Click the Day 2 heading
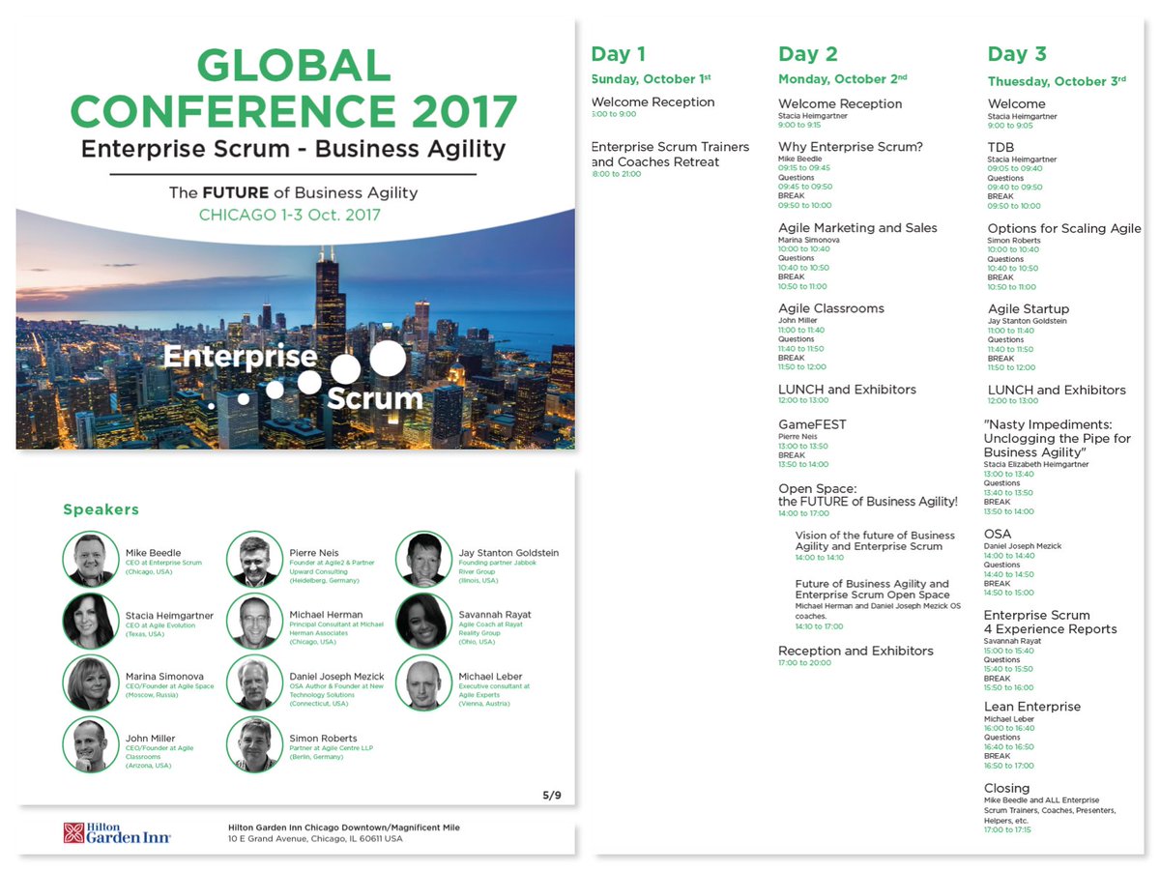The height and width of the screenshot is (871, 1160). tap(808, 54)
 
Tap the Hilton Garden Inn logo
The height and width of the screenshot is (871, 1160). tap(117, 832)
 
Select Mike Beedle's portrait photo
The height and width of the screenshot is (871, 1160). tap(91, 560)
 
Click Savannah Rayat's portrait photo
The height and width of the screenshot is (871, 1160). tap(423, 621)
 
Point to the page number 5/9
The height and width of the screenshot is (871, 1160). tap(551, 795)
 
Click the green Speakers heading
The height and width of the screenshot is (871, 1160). tap(101, 509)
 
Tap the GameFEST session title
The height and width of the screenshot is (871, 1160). tap(812, 424)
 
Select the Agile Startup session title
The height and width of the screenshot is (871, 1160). tap(1029, 309)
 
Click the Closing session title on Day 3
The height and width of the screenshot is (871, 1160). tap(1006, 788)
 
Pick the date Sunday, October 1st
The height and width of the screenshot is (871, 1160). tap(643, 79)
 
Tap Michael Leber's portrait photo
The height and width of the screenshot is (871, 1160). tap(423, 682)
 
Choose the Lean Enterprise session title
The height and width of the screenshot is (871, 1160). tap(1032, 707)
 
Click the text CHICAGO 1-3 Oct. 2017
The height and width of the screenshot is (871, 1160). tap(290, 215)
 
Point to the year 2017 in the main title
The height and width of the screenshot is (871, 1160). tap(464, 110)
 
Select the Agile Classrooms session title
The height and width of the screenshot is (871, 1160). tap(831, 308)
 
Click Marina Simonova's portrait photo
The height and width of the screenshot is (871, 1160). tap(91, 682)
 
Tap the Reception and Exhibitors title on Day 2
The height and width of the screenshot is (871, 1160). tap(855, 651)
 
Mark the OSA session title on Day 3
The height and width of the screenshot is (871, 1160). tap(998, 534)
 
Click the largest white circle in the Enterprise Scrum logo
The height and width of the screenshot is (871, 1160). tap(388, 358)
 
